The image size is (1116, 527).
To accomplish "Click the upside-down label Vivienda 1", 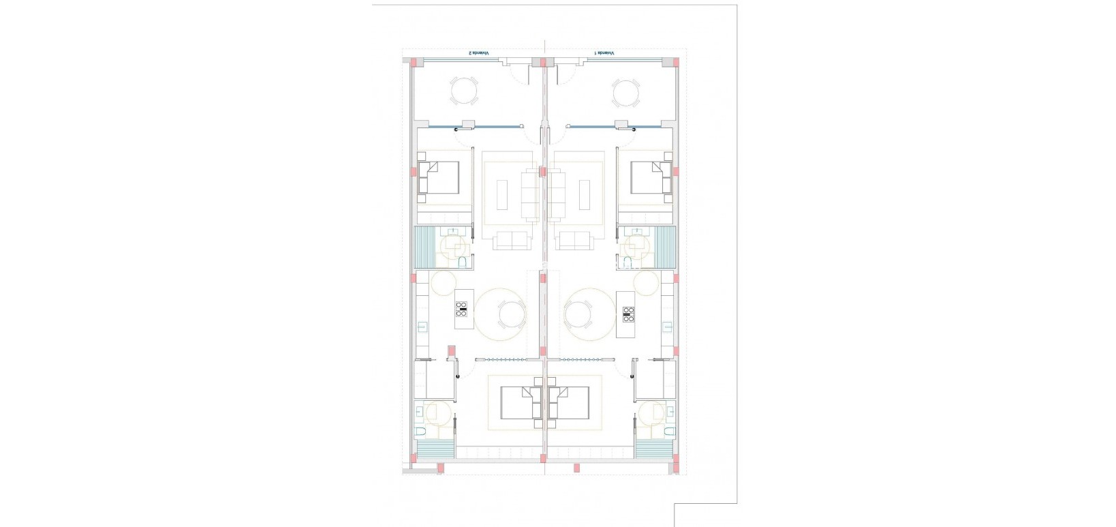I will [604, 53].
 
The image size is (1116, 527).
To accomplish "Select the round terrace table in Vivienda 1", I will [625, 92].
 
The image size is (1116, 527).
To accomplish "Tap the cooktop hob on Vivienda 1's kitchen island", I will [627, 314].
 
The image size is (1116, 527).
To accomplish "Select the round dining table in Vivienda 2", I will [512, 315].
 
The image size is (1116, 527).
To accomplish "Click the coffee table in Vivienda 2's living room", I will [503, 194].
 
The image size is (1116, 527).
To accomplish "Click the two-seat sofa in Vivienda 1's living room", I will [573, 240].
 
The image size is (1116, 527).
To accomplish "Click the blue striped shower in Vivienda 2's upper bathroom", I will [424, 249].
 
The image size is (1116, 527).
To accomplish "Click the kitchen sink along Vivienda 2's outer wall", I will [422, 328].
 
